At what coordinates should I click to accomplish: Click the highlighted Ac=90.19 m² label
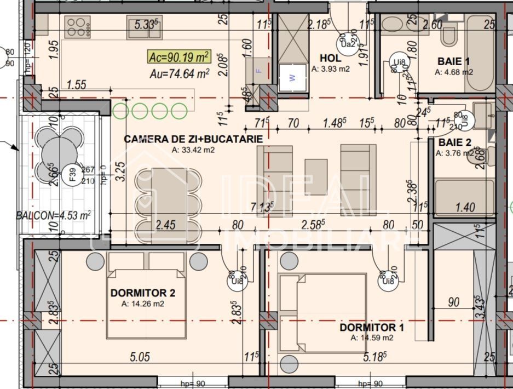click(179, 56)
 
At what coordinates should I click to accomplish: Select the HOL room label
click(331, 58)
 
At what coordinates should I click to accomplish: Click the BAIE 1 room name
click(454, 61)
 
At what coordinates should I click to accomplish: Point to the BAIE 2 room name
click(454, 142)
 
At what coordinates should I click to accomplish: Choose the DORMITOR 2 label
click(142, 293)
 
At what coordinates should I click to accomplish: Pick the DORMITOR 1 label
click(372, 327)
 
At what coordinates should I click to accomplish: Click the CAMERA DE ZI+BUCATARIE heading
click(193, 139)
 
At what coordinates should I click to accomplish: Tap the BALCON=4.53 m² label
click(54, 215)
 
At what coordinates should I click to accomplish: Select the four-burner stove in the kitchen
click(78, 27)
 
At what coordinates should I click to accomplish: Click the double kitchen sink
click(145, 27)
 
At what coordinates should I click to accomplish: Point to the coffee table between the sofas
click(316, 177)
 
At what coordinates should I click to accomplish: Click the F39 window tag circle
click(72, 174)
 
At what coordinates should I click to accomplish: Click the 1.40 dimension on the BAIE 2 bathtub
click(465, 207)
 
